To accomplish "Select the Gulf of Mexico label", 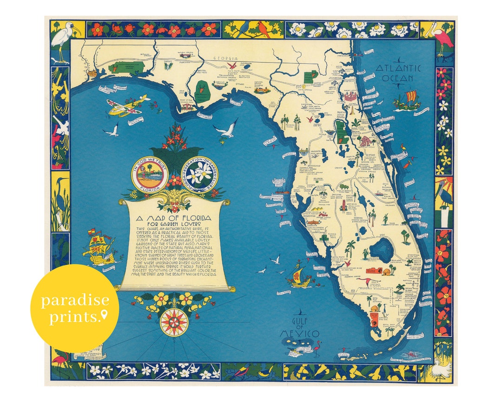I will [300, 328].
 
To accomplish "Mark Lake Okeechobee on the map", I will [381, 251].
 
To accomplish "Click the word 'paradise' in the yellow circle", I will [75, 300].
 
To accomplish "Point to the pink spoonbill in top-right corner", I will [443, 38].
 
